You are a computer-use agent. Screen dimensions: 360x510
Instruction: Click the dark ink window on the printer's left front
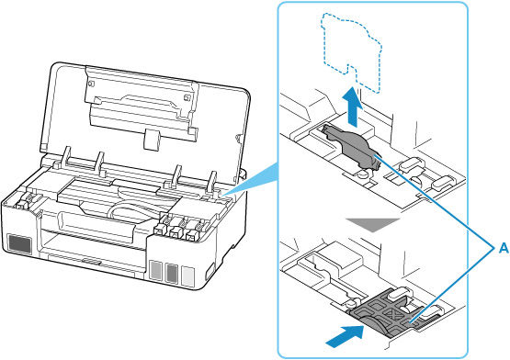(18, 245)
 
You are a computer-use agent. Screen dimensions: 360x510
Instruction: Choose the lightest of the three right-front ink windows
(187, 273)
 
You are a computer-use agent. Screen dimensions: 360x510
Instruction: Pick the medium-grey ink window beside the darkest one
(171, 272)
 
